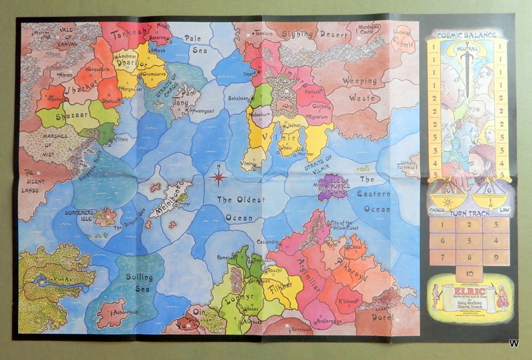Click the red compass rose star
tap(218, 177)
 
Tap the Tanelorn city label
tap(262, 32)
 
